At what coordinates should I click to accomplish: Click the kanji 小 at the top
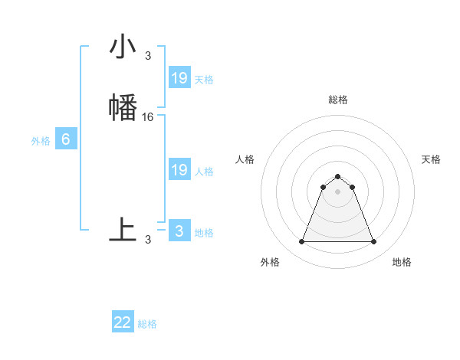[x=123, y=48]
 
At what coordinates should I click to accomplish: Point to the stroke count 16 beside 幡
[x=148, y=117]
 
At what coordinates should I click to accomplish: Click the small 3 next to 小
[x=148, y=56]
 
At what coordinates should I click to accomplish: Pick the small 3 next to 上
[x=148, y=240]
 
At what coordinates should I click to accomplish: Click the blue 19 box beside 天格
[x=179, y=78]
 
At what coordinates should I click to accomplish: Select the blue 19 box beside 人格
[x=179, y=170]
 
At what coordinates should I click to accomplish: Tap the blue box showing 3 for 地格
[x=179, y=231]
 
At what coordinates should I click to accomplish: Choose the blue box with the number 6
[x=66, y=139]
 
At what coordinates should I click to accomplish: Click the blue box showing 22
[x=123, y=322]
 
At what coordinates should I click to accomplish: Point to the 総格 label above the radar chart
[x=337, y=100]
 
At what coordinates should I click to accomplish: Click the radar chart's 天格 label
[x=432, y=159]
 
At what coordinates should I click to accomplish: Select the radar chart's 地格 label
[x=402, y=262]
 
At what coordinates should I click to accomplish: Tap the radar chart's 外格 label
[x=270, y=262]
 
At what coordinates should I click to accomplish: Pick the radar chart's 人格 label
[x=245, y=159]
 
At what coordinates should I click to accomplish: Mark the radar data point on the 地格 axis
[x=373, y=242]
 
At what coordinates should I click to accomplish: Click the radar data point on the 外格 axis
[x=301, y=242]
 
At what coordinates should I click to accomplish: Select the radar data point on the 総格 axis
[x=337, y=176]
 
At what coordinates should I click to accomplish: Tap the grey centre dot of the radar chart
[x=337, y=191]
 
